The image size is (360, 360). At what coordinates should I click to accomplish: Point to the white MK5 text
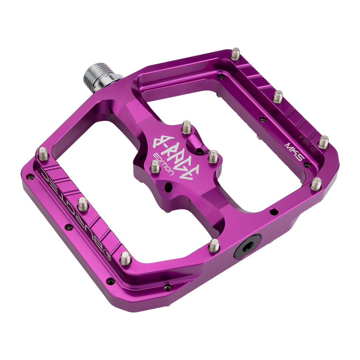pyautogui.click(x=293, y=150)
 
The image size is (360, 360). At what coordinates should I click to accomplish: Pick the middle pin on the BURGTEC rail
pyautogui.click(x=83, y=204)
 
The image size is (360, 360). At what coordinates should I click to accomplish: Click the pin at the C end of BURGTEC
pyautogui.click(x=43, y=154)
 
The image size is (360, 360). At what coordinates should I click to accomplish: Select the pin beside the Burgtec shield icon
pyautogui.click(x=126, y=258)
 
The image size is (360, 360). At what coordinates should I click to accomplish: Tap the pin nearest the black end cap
pyautogui.click(x=214, y=245)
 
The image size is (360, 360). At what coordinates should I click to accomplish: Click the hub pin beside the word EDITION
pyautogui.click(x=155, y=166)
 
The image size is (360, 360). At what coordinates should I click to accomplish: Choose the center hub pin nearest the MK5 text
pyautogui.click(x=213, y=156)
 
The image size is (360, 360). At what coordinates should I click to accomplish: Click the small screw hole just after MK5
pyautogui.click(x=307, y=165)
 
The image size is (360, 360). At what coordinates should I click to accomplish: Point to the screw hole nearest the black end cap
pyautogui.click(x=273, y=212)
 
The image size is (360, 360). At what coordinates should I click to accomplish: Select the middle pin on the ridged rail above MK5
pyautogui.click(x=278, y=96)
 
